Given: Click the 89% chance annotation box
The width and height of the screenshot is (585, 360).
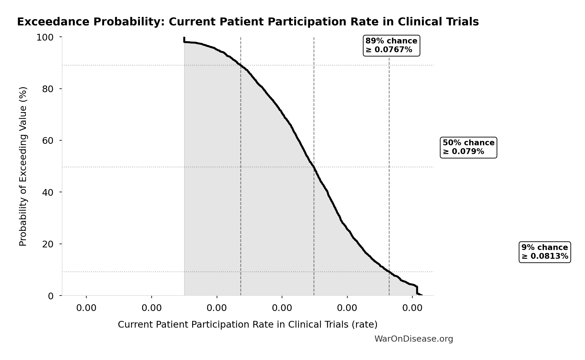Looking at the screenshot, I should pos(391,45).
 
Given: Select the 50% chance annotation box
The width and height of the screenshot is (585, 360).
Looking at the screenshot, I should pos(468,147).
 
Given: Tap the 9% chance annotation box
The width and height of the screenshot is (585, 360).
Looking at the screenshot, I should pos(544,252).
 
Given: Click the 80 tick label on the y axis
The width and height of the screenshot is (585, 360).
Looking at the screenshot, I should pos(48,89).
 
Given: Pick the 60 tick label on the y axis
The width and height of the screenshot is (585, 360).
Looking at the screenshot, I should pos(48,141).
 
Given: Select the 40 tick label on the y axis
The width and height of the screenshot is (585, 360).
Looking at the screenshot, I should pos(48,192).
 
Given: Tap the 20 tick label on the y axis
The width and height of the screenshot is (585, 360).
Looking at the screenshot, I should pos(48,244).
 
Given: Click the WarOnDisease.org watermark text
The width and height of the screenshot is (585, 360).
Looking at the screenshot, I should pos(413,339).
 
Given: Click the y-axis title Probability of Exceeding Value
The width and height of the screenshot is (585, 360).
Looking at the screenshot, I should pos(23,166).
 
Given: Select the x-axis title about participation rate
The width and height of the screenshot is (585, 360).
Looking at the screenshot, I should pos(247,324).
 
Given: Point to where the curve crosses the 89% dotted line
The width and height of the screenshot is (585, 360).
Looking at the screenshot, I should pos(241,65).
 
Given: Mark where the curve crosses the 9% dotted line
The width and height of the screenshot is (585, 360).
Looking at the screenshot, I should pos(389,272).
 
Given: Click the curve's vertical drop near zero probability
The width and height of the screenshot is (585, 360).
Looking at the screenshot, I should pos(417,291).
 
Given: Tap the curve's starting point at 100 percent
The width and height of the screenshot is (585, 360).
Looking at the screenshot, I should pos(184,38).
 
